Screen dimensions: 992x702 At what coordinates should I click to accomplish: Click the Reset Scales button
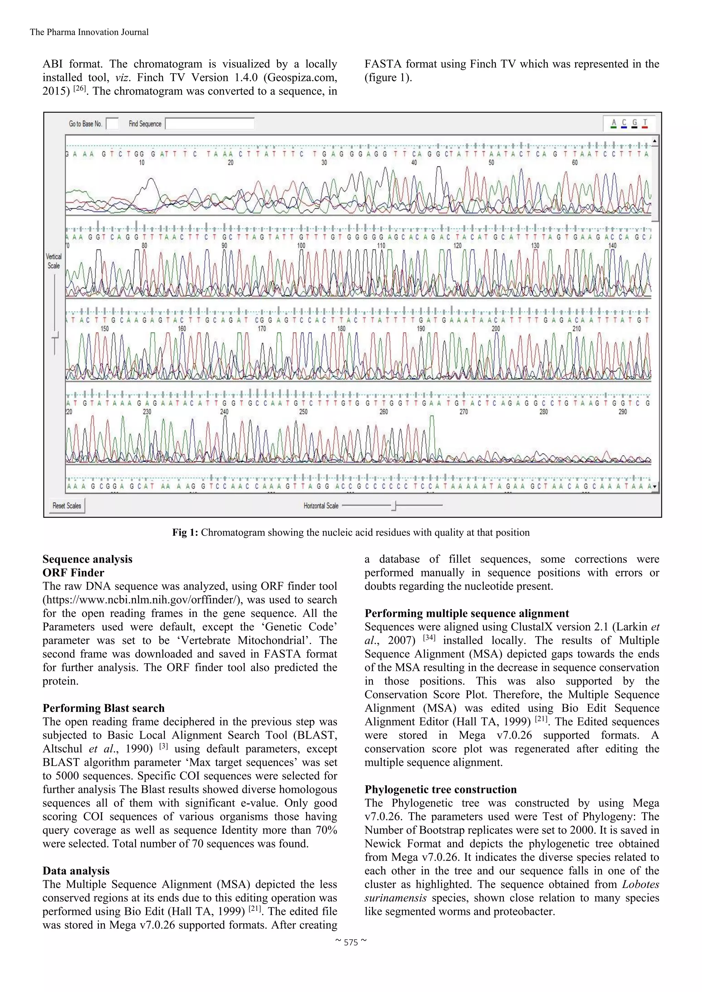[67, 506]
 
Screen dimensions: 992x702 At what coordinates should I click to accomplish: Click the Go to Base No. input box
[112, 124]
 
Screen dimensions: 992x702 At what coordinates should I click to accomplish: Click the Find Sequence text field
[210, 124]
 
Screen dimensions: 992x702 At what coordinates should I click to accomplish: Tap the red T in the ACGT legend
[644, 123]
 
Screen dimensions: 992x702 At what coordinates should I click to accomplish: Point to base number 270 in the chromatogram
[463, 412]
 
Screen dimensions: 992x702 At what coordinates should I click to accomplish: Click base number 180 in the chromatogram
[341, 329]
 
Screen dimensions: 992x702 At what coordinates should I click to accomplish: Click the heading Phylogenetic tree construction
[440, 789]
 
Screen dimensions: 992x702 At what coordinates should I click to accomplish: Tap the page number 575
[351, 942]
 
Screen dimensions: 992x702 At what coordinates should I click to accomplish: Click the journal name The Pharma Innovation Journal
[89, 32]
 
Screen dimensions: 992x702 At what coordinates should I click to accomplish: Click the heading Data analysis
[76, 871]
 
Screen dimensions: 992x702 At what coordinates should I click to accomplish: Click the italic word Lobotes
[640, 884]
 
